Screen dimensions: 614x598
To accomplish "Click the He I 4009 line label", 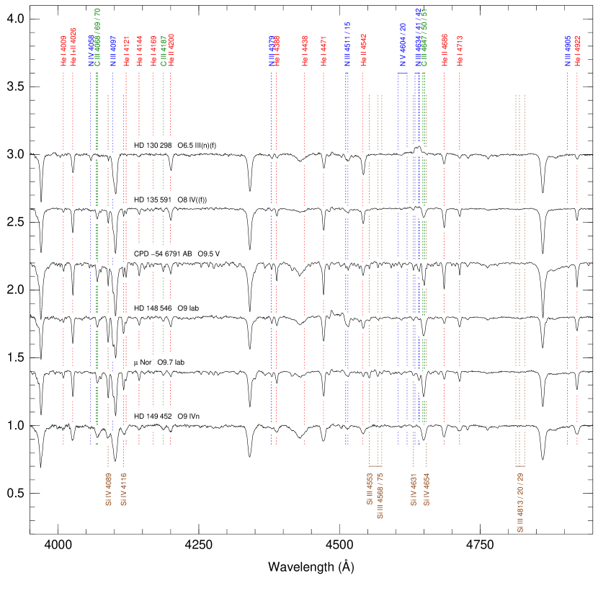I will pyautogui.click(x=63, y=51).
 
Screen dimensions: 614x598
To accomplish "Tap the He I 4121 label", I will pyautogui.click(x=126, y=51).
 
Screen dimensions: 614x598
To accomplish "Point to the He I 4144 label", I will pyautogui.click(x=139, y=51).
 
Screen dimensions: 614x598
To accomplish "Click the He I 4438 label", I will pyautogui.click(x=305, y=51).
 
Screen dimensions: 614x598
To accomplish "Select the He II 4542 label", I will pyautogui.click(x=363, y=50).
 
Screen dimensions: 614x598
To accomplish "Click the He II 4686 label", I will pyautogui.click(x=445, y=50).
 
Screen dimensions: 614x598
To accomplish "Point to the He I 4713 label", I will pyautogui.click(x=460, y=50).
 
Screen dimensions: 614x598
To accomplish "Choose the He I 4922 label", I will pyautogui.click(x=577, y=50).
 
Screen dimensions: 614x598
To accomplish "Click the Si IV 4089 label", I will pyautogui.click(x=109, y=489).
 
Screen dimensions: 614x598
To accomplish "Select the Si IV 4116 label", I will pyautogui.click(x=124, y=489).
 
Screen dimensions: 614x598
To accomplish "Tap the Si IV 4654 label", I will pyautogui.click(x=427, y=489).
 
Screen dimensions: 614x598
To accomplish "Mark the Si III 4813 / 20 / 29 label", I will pyautogui.click(x=520, y=503).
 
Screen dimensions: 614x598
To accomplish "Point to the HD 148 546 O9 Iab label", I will pyautogui.click(x=171, y=308).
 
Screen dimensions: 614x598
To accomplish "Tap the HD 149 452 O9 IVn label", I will pyautogui.click(x=171, y=417).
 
